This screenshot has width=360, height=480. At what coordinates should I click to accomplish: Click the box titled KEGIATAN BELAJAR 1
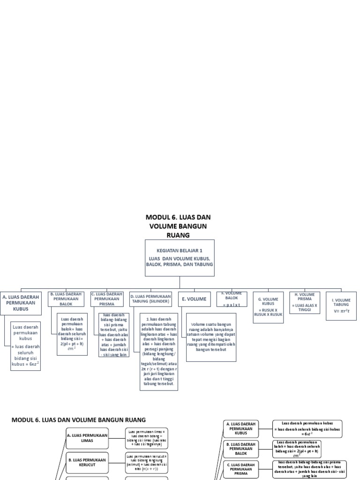180,258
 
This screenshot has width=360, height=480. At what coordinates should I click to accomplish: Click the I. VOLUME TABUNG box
341,305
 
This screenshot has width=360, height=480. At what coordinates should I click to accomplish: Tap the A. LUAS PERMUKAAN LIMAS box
87,438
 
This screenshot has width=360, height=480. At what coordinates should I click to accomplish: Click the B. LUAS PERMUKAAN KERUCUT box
87,462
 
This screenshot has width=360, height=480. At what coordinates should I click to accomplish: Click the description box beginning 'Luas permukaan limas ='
146,438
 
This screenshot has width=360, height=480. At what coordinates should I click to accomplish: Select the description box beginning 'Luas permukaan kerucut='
146,462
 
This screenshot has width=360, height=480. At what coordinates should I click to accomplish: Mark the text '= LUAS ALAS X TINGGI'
304,307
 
